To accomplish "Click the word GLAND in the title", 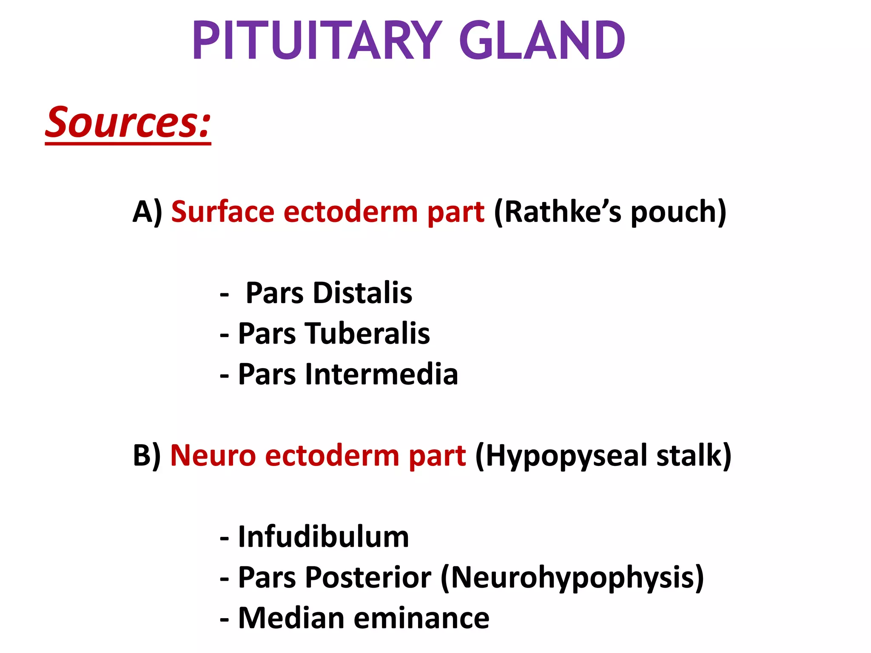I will (x=542, y=41).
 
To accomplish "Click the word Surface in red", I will (x=222, y=212).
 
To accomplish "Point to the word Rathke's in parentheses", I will (x=558, y=212).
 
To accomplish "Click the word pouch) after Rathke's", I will (x=678, y=212).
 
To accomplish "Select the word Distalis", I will (x=362, y=293).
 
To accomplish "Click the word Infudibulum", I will (x=323, y=537).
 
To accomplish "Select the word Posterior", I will (x=368, y=577).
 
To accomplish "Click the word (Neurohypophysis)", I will (x=572, y=577).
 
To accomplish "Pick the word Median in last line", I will (x=291, y=618).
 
